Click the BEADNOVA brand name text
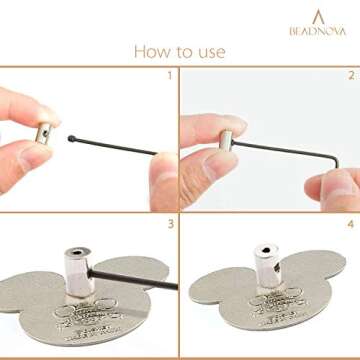point(317,30)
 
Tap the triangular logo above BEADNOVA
point(318,15)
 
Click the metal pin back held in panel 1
point(47,130)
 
